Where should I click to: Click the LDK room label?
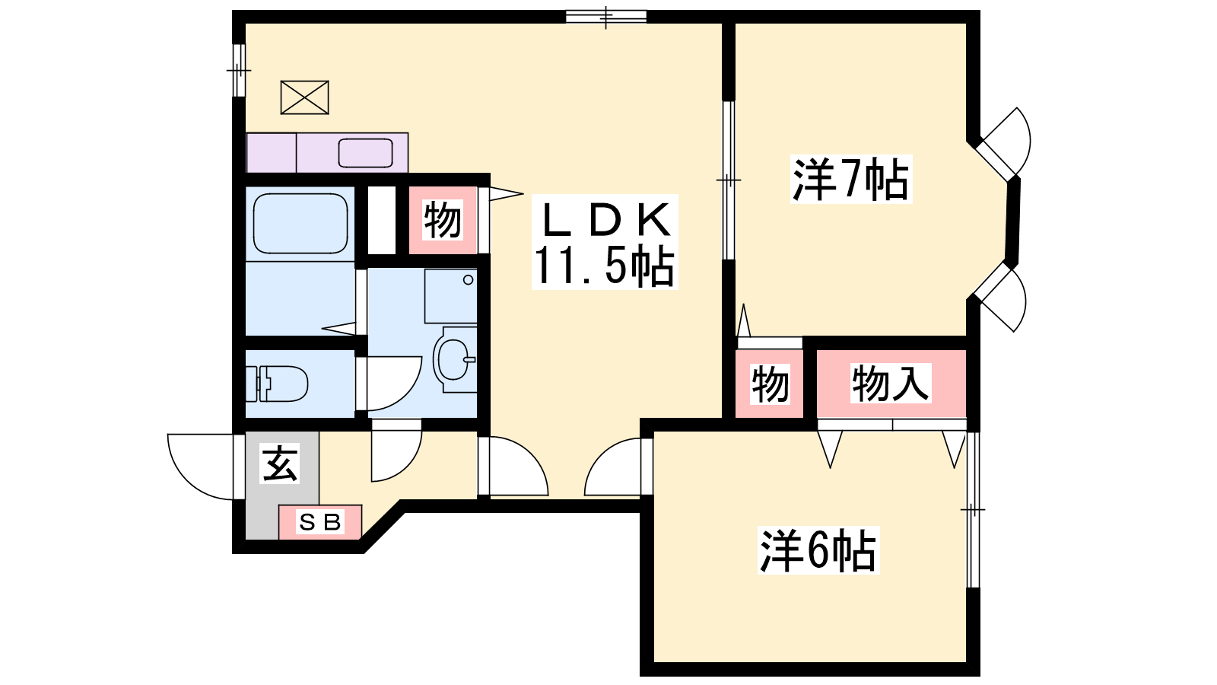[605, 221]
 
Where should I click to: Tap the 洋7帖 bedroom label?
[851, 180]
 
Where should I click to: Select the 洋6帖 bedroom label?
[818, 550]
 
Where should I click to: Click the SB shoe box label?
[320, 522]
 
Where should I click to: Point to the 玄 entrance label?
[280, 464]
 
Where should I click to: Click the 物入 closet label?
[890, 384]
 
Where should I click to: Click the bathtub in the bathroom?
[300, 224]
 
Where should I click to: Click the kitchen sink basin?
[365, 153]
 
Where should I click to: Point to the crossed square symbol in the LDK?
[305, 97]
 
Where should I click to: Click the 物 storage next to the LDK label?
[443, 220]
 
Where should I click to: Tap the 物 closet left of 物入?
[769, 384]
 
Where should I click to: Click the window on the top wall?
[605, 16]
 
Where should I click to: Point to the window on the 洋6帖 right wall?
[973, 509]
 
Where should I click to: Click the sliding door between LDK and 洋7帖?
[729, 180]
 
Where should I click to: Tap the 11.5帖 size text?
[605, 266]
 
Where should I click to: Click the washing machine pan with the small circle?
[450, 296]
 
